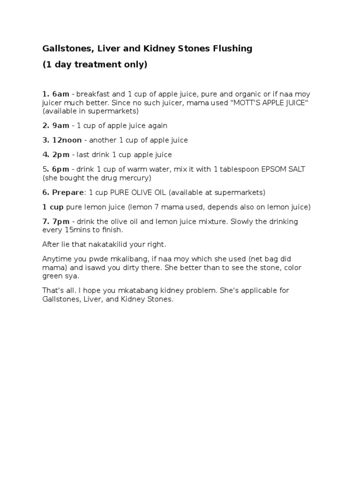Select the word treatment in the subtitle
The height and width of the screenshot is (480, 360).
click(99, 65)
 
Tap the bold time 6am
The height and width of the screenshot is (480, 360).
click(60, 94)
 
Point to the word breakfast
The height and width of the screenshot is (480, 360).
click(93, 94)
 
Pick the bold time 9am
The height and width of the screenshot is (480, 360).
click(60, 126)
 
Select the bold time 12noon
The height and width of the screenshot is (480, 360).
click(66, 140)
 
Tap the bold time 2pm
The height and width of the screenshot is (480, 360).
click(60, 155)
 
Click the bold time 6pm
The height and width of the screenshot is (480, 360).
click(60, 169)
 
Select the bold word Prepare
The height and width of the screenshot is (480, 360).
click(67, 193)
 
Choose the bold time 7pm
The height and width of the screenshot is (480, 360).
click(60, 221)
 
